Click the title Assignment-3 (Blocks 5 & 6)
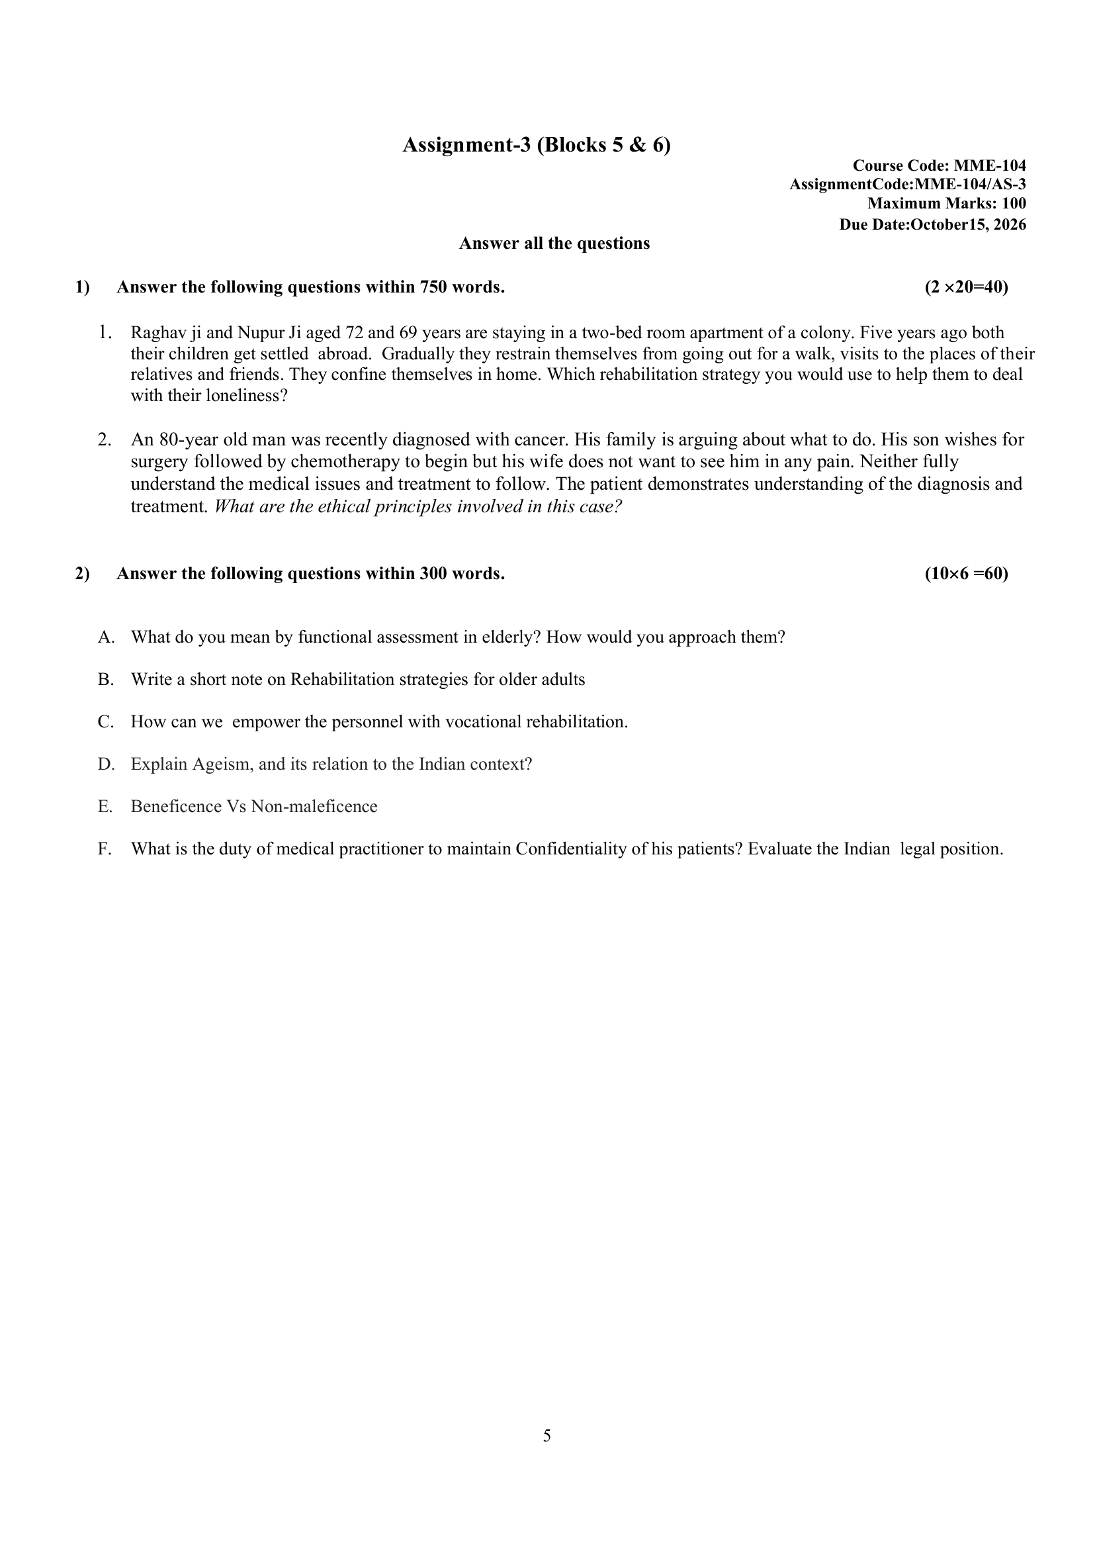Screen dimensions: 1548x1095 click(x=536, y=145)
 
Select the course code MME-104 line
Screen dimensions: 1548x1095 click(x=939, y=165)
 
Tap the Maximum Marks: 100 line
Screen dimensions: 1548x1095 click(x=946, y=203)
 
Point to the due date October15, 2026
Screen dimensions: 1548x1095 click(x=967, y=224)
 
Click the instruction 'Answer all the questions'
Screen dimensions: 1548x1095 click(x=554, y=244)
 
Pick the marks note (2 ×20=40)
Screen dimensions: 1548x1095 click(x=966, y=287)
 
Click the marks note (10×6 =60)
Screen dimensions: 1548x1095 click(x=966, y=574)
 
